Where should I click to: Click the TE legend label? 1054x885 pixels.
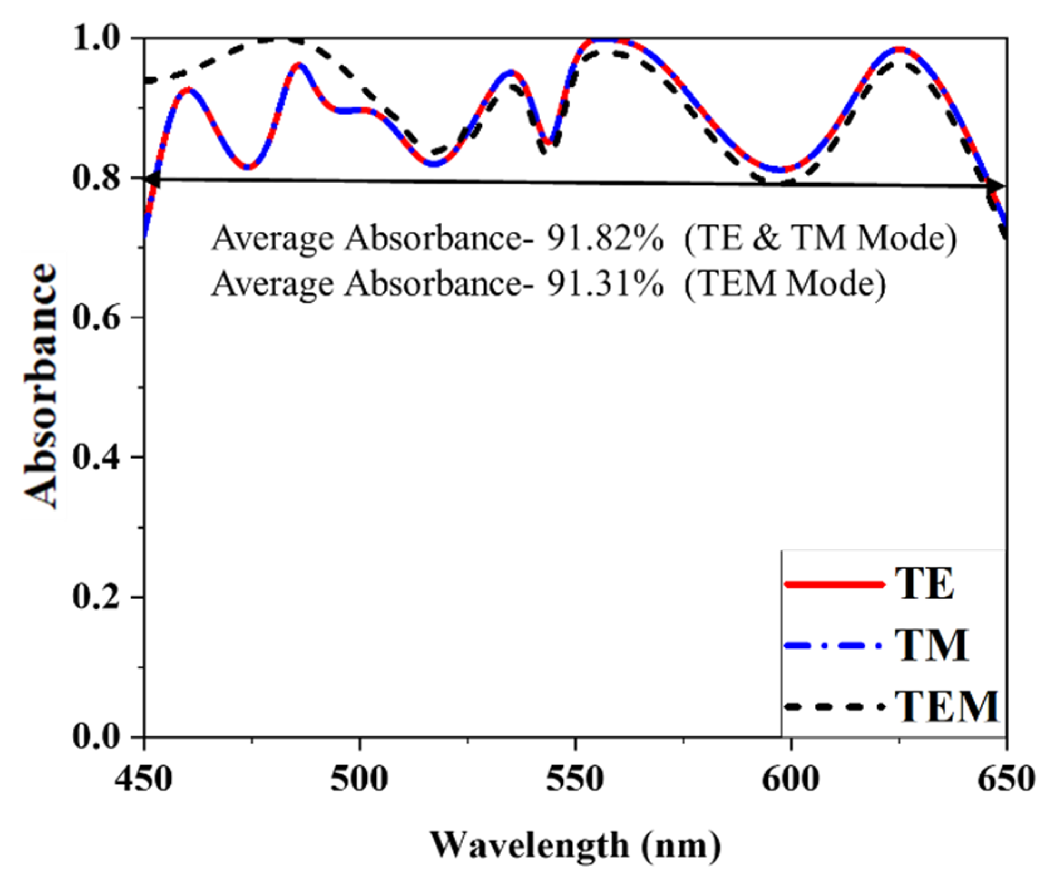coord(925,584)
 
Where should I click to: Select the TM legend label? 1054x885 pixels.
coord(932,646)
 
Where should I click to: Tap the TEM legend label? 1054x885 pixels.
coord(947,707)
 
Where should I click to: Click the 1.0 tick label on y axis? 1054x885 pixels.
coord(96,39)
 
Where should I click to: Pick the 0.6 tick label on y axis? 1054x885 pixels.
coord(96,318)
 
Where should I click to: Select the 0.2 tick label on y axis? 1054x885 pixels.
coord(96,597)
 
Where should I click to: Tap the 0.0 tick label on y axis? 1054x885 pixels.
coord(96,736)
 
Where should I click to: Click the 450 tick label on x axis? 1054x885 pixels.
coord(144,779)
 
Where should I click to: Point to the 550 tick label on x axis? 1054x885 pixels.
coord(575,779)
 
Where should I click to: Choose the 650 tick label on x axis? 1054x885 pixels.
coord(1006,779)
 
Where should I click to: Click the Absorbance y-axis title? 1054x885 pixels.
coord(42,385)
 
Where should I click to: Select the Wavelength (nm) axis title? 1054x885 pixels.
coord(575,845)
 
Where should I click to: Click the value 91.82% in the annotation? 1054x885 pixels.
coord(605,239)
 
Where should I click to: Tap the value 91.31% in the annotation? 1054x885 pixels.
coord(605,284)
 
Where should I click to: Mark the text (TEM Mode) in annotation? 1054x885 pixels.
coord(785,284)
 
